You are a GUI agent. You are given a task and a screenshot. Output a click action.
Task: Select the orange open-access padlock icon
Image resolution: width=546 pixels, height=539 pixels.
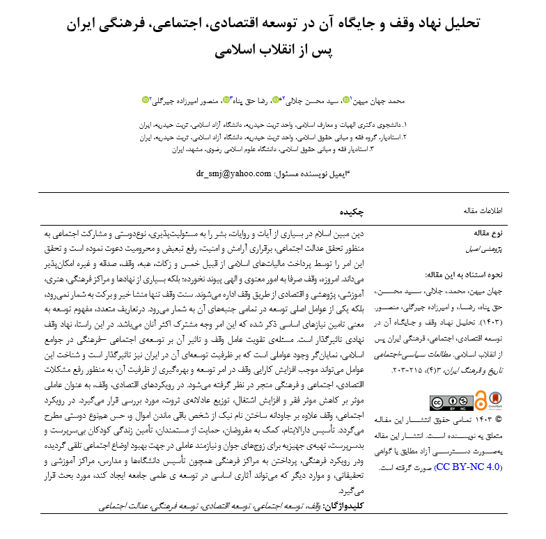(480, 402)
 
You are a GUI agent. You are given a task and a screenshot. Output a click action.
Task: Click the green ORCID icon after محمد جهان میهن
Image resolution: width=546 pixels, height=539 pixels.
(346, 100)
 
